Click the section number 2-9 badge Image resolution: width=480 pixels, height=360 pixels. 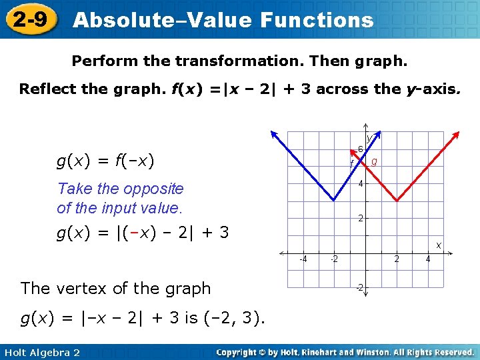click(x=30, y=19)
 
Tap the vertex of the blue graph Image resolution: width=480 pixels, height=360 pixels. click(x=334, y=200)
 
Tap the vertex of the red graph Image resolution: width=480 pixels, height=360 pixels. click(x=397, y=200)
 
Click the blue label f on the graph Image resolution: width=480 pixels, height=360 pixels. click(x=352, y=163)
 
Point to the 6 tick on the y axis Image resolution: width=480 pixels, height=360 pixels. click(x=360, y=149)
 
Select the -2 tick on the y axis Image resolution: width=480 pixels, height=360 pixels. click(x=359, y=287)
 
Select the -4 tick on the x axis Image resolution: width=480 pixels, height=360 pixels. click(x=302, y=259)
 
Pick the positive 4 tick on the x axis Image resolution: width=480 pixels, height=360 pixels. click(x=428, y=259)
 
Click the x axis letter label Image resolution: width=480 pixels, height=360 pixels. click(x=439, y=245)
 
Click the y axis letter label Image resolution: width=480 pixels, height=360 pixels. click(x=369, y=138)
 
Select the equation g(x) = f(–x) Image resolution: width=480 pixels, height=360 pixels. click(x=105, y=160)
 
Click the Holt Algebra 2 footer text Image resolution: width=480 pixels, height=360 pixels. click(x=41, y=352)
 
